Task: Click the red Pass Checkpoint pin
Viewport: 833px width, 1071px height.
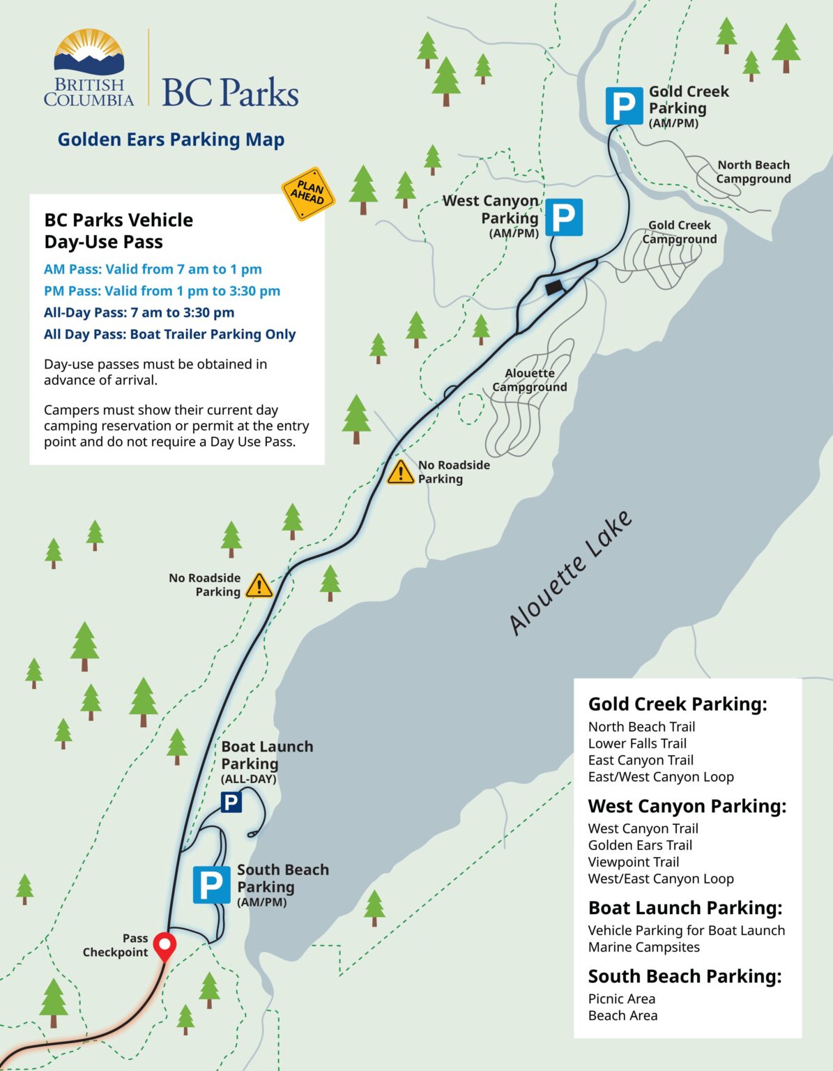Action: [x=165, y=946]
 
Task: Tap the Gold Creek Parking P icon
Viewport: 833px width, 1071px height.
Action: [x=624, y=106]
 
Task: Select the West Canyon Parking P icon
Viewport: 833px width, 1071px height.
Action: [x=563, y=218]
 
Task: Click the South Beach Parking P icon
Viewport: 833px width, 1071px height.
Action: [x=211, y=885]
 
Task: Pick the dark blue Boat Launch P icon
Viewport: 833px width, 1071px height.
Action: [x=231, y=802]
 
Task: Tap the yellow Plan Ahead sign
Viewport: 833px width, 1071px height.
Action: [x=308, y=194]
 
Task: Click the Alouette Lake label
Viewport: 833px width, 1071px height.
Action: [x=570, y=573]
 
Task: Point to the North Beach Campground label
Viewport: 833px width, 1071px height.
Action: [x=754, y=172]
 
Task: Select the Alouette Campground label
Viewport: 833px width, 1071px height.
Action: [x=530, y=380]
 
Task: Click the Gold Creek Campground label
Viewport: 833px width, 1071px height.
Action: [x=679, y=232]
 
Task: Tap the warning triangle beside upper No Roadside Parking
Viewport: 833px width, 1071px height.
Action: [x=401, y=473]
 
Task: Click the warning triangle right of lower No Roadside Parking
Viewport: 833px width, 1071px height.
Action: [x=259, y=586]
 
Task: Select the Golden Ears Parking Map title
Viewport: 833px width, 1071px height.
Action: [x=171, y=139]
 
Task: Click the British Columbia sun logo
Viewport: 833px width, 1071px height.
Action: [x=89, y=52]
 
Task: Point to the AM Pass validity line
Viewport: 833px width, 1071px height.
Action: [x=153, y=269]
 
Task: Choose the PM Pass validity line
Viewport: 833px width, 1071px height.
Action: [x=162, y=291]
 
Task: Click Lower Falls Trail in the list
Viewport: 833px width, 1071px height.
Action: [x=637, y=743]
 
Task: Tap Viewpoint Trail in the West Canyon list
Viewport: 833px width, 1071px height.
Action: [x=633, y=862]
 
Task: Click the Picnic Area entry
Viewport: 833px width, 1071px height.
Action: [x=621, y=998]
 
